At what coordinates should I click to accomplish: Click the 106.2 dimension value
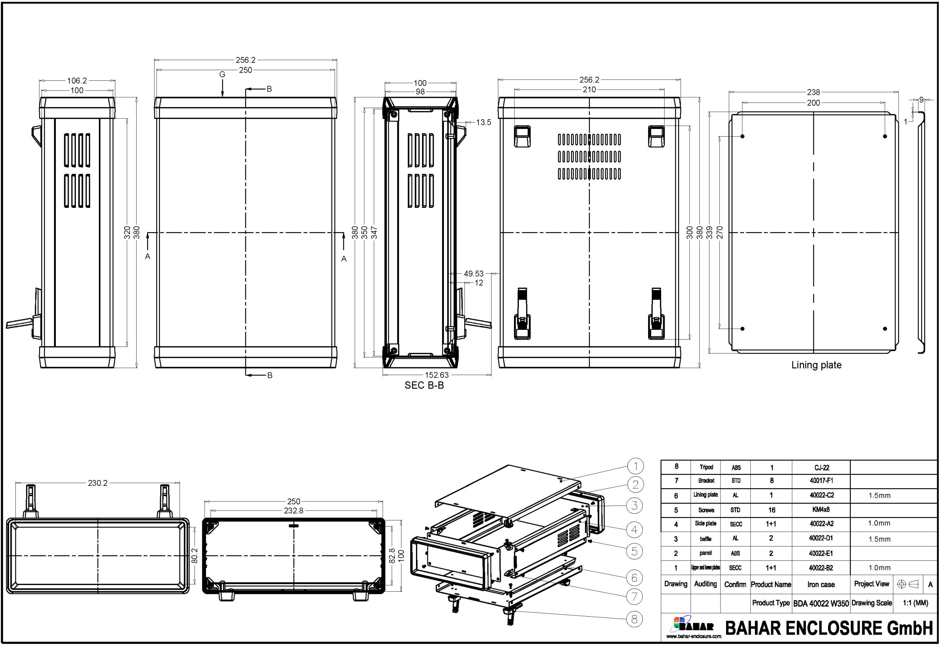click(77, 80)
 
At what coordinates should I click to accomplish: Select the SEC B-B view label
click(424, 385)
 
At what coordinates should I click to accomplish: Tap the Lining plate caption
click(816, 365)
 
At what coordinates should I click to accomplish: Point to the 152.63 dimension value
click(437, 375)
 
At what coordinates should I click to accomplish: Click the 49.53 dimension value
click(473, 274)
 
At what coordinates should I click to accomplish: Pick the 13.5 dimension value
click(484, 122)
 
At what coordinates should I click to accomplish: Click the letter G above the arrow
click(222, 75)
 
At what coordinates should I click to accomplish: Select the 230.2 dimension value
click(98, 483)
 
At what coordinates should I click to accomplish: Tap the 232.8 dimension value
click(293, 511)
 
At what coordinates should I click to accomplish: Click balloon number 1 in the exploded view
click(635, 466)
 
